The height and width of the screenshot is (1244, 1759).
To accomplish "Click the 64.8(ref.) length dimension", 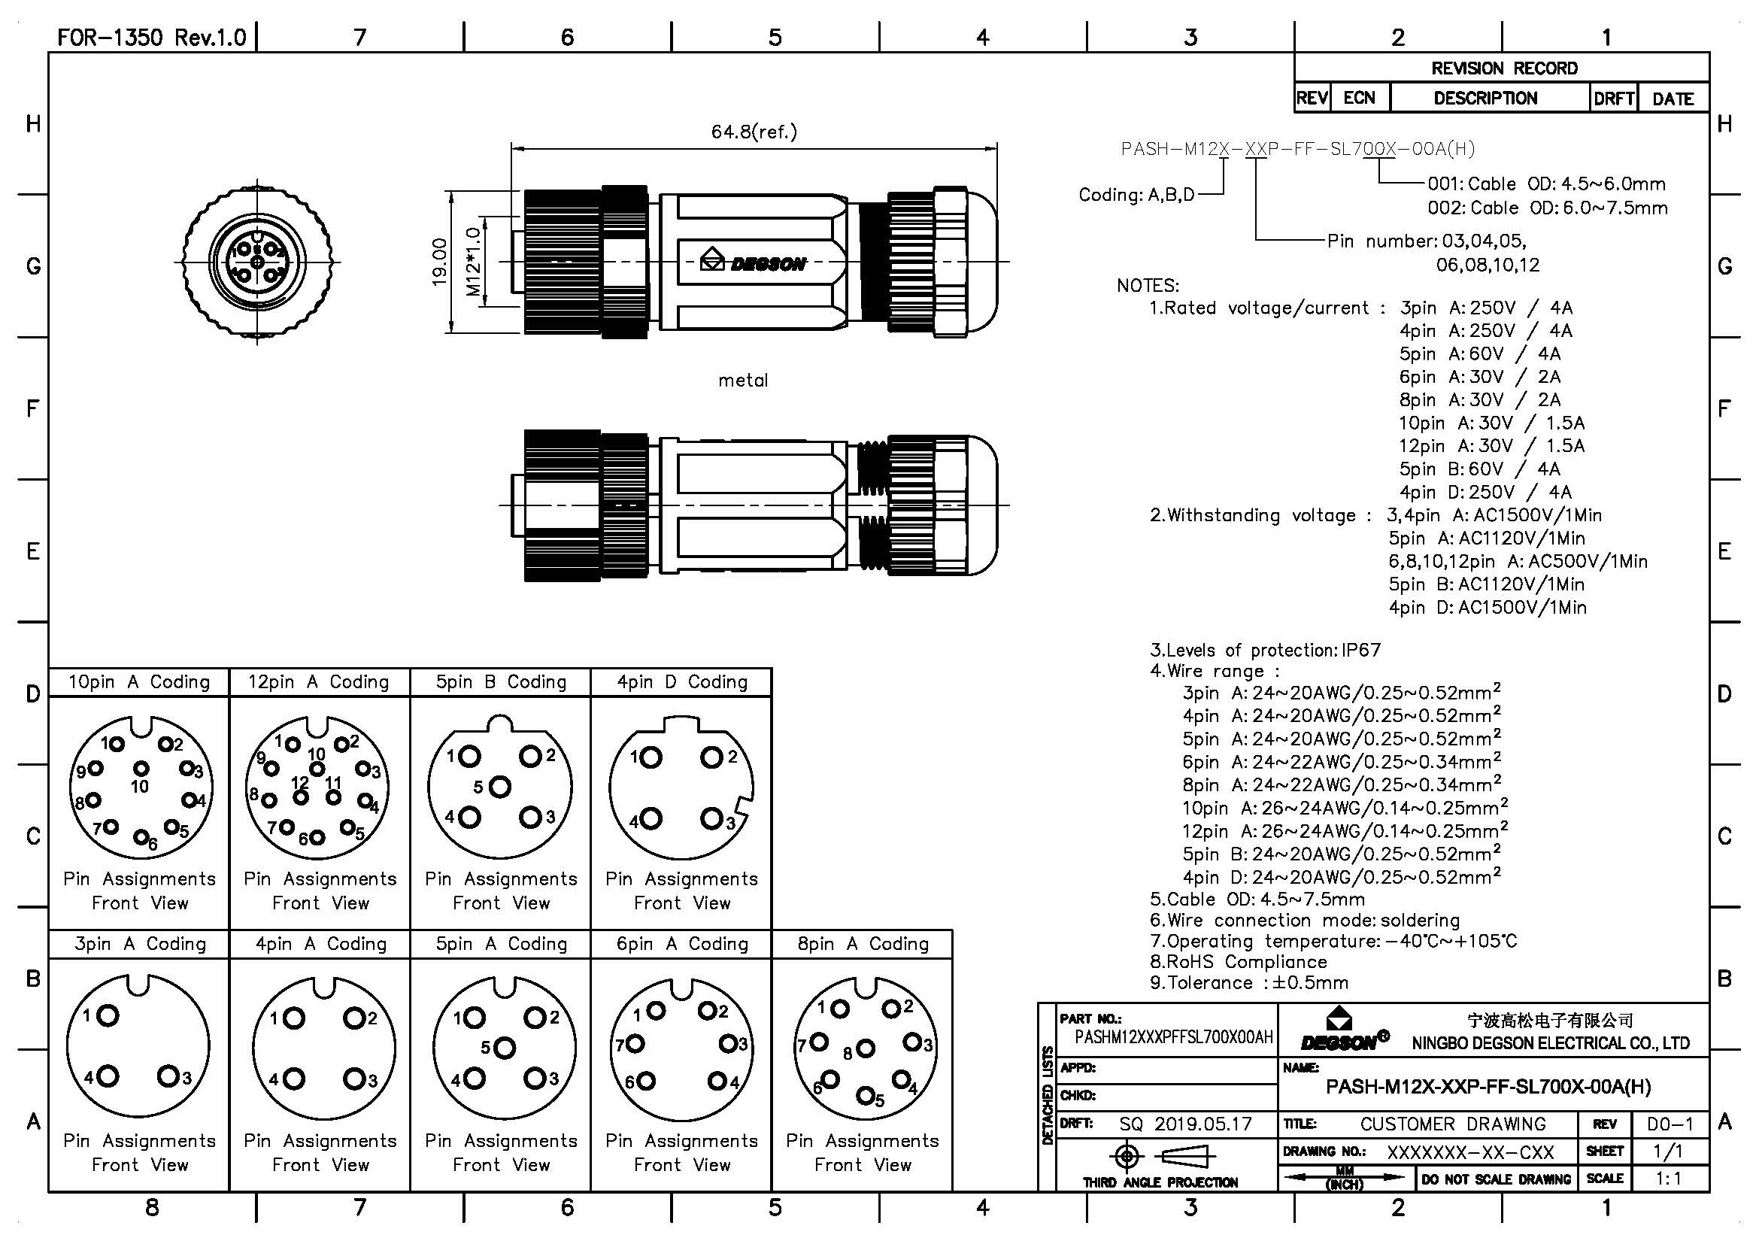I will click(754, 132).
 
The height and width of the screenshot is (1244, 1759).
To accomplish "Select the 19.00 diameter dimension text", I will click(440, 262).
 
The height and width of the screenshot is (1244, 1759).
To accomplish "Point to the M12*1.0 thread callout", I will click(474, 262).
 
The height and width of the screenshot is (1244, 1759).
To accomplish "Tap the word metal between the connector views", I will click(742, 381).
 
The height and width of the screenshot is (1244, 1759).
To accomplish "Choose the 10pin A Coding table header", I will click(138, 682).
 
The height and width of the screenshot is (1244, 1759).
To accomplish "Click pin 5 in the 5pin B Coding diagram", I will click(500, 787).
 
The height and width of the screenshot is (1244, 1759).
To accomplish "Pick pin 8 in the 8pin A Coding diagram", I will click(866, 1048).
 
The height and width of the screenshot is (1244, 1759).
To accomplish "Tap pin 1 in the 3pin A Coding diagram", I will click(108, 1015).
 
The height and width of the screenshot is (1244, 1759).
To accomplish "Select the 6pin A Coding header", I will click(682, 945).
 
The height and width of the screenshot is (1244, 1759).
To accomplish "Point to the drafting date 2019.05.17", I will click(1202, 1124).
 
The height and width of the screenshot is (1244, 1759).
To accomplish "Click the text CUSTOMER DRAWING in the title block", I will click(1453, 1124).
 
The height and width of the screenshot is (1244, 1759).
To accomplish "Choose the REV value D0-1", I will click(1670, 1124).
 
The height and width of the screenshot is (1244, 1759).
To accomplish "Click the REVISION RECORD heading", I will click(1504, 68).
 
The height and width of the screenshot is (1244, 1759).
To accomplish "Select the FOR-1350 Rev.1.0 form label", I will click(152, 38).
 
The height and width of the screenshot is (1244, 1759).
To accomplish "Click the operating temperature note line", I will click(1333, 942).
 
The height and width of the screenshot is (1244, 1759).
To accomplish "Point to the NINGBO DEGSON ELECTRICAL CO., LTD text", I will click(1551, 1043).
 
